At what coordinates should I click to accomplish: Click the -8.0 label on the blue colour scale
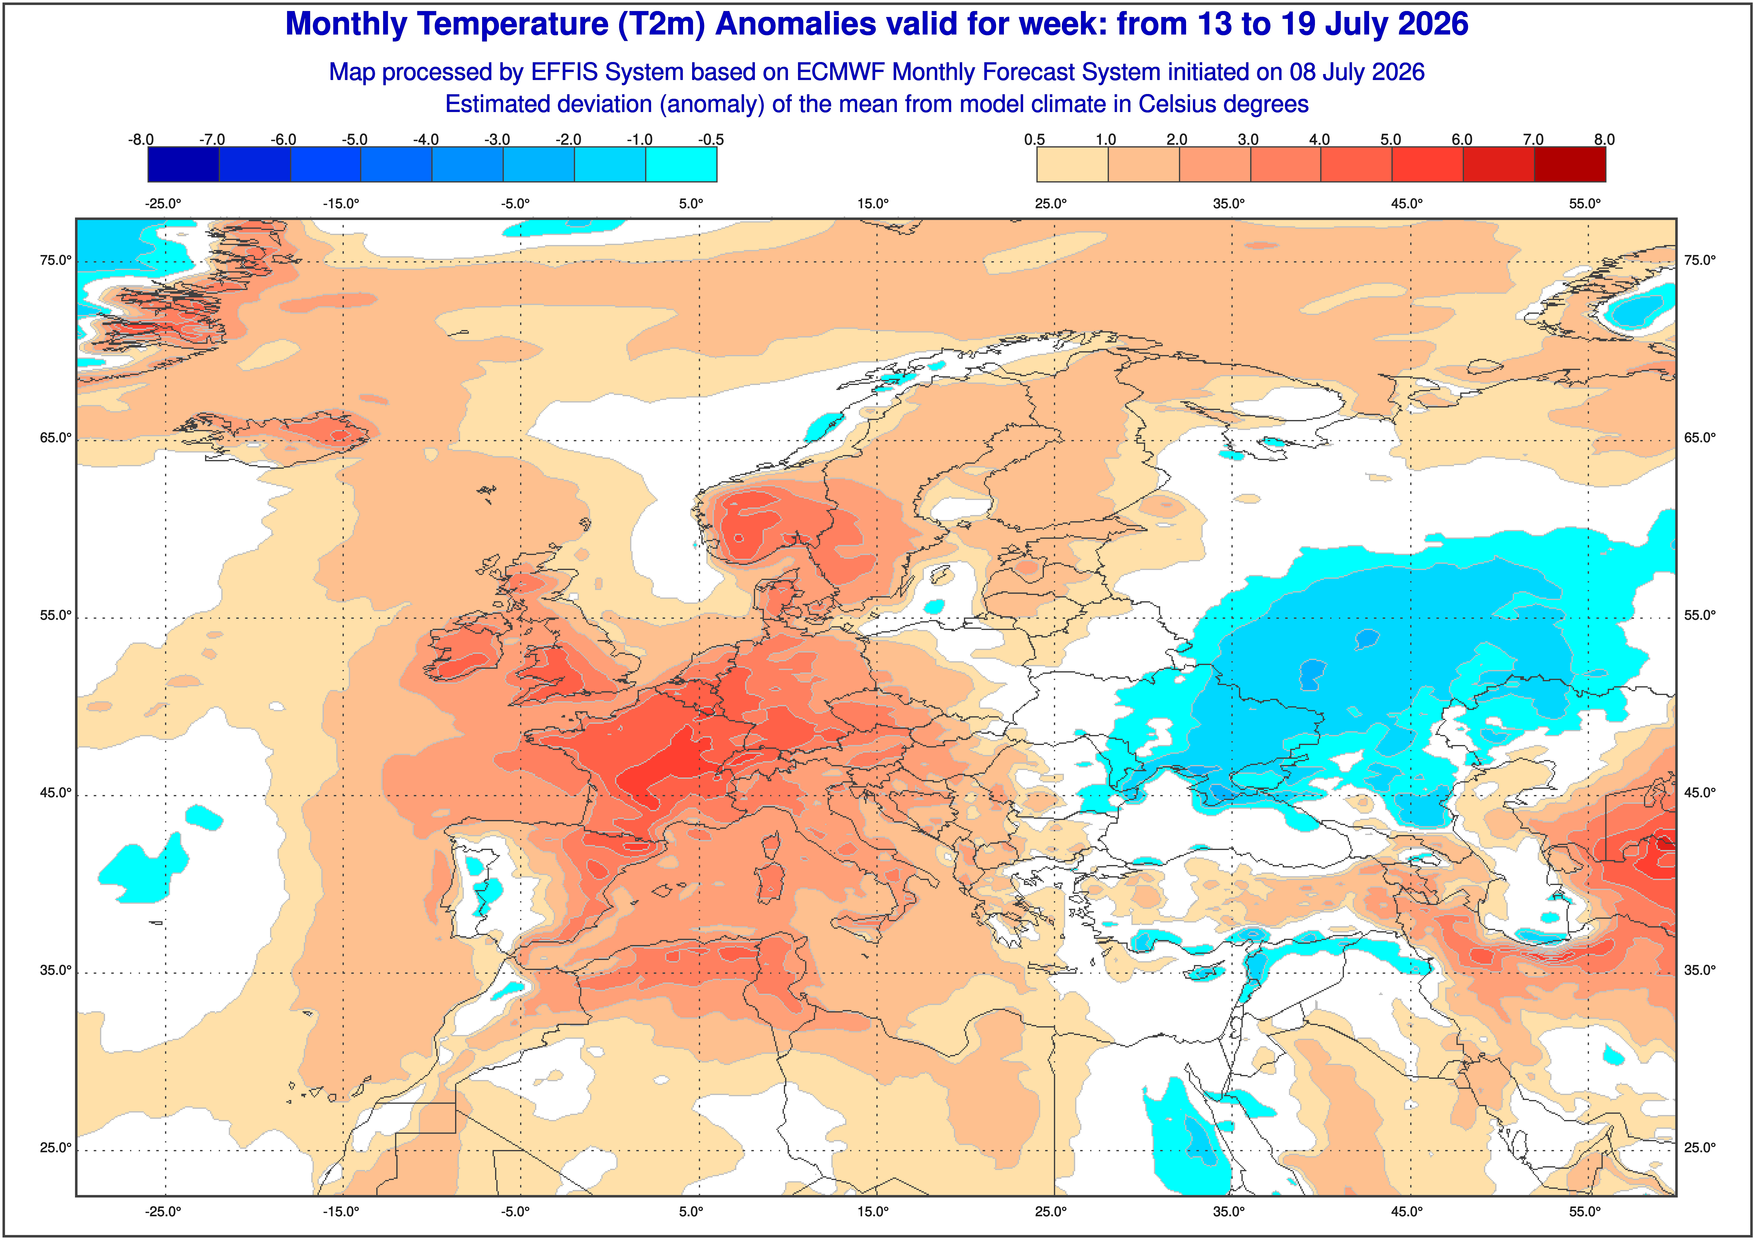click(141, 140)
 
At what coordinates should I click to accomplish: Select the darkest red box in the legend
click(1570, 164)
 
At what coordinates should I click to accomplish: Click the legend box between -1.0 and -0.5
click(681, 164)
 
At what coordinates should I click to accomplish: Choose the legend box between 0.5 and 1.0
click(1072, 164)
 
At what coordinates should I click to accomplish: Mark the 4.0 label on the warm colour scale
click(1319, 140)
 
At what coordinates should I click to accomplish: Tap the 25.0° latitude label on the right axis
click(1700, 1147)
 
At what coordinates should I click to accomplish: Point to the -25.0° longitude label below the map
click(164, 1212)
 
